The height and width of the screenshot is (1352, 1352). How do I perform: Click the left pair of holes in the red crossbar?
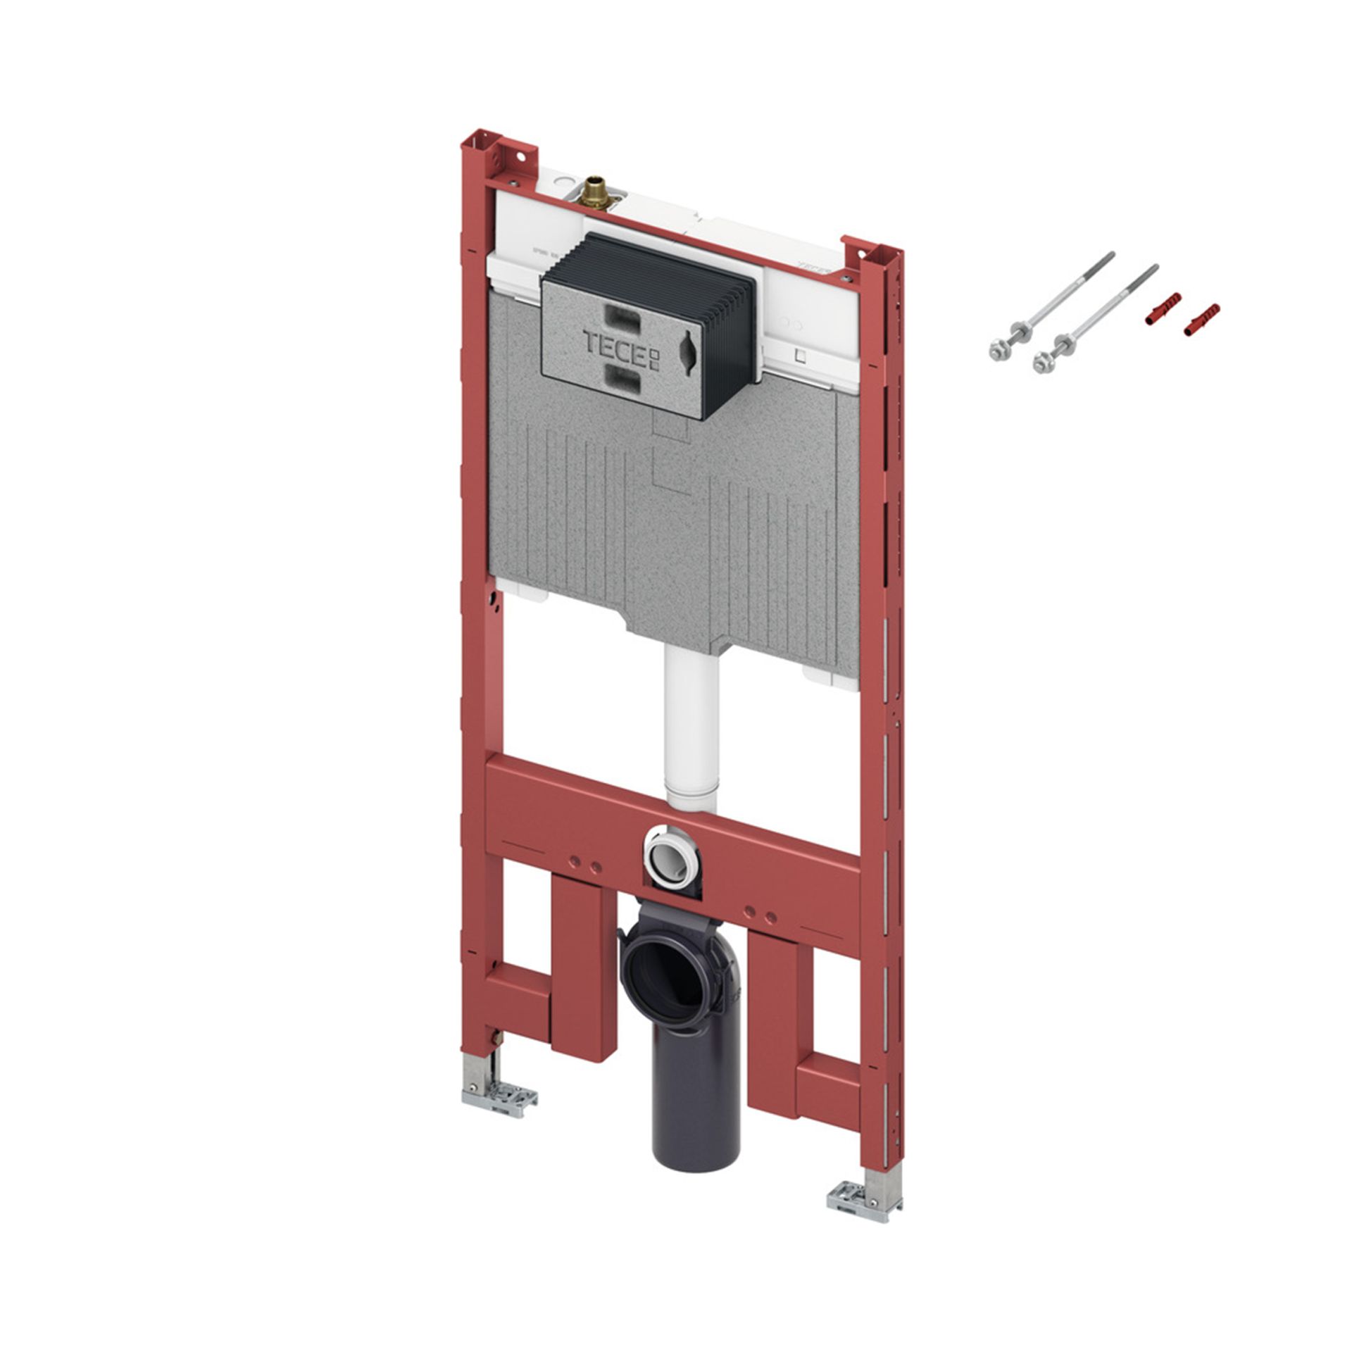[586, 863]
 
